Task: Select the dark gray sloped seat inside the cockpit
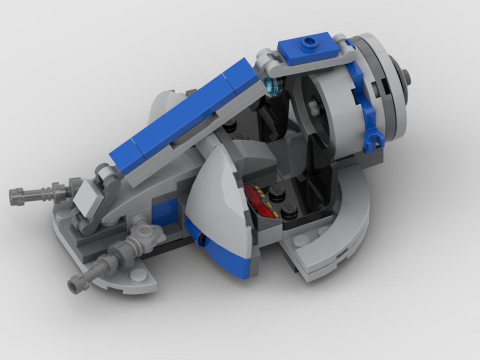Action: tap(254, 158)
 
